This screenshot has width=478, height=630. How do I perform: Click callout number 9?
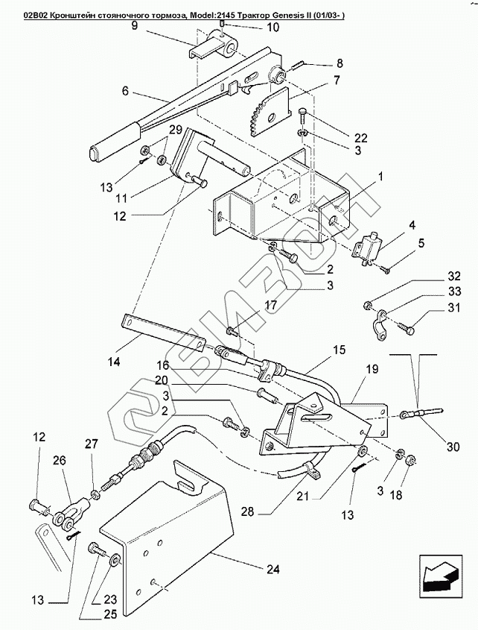[135, 25]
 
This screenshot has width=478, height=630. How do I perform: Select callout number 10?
[252, 28]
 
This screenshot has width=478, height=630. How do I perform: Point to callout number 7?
[337, 80]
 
